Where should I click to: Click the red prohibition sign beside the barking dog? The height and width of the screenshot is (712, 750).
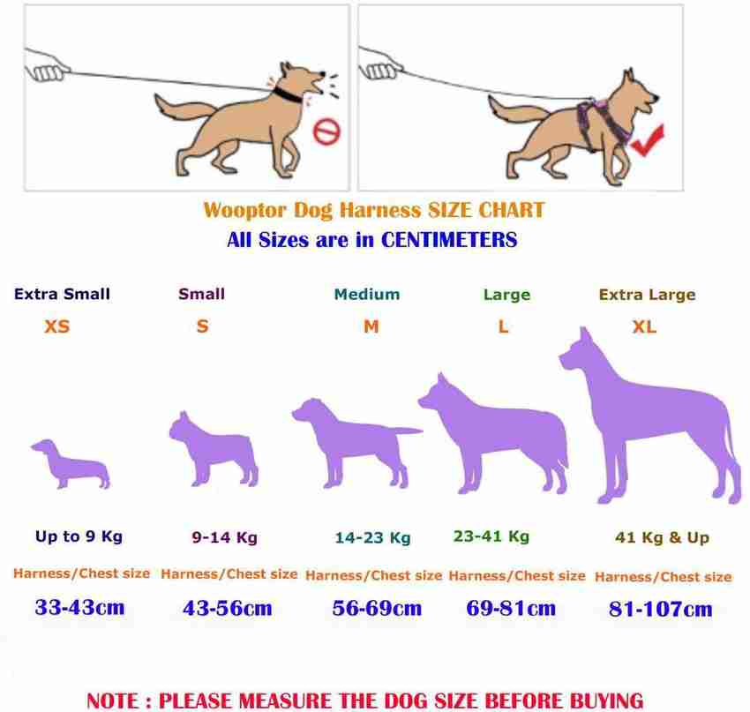tap(326, 131)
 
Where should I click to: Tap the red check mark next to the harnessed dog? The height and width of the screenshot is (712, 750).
tap(648, 140)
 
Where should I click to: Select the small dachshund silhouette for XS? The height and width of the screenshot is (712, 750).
tap(71, 464)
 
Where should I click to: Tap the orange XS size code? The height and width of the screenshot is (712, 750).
tap(57, 326)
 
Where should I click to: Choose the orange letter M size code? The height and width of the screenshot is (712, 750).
tap(371, 326)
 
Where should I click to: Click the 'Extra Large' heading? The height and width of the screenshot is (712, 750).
tap(647, 295)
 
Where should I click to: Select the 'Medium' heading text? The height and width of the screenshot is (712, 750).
tap(367, 294)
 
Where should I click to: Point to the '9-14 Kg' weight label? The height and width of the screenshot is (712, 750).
tap(224, 537)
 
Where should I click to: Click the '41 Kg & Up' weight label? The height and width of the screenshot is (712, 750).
tap(662, 537)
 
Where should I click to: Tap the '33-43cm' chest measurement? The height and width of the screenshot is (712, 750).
tap(80, 607)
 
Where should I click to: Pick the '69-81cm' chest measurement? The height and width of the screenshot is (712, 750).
tap(511, 608)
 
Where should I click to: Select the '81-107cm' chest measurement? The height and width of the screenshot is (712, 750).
tap(661, 609)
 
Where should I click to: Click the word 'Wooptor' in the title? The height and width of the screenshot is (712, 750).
tap(244, 211)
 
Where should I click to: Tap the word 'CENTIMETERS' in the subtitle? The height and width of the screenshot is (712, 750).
tap(448, 240)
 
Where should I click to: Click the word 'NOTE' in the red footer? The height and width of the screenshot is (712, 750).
tap(114, 701)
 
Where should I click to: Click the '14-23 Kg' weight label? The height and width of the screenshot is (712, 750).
tap(372, 538)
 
